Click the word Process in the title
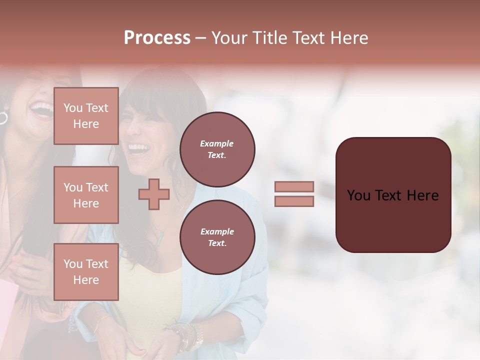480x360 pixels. click(157, 38)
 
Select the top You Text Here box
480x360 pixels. click(86, 116)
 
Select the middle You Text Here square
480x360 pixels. click(86, 195)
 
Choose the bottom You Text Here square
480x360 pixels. click(86, 272)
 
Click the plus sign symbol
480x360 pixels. click(154, 194)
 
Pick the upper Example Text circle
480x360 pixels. click(217, 149)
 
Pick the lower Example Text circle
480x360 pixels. click(217, 237)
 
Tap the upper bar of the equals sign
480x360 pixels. click(294, 187)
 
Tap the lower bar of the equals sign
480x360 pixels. click(294, 201)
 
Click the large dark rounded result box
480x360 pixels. click(393, 220)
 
